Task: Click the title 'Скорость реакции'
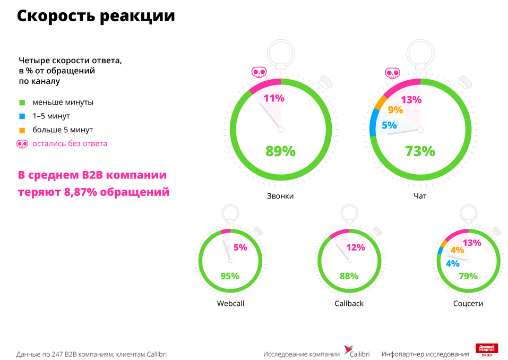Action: (96, 16)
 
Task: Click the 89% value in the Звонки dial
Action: (280, 151)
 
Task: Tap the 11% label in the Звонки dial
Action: (274, 98)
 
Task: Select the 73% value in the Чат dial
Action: (420, 151)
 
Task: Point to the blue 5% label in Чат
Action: (390, 126)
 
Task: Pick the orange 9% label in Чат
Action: (395, 110)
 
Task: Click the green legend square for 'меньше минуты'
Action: (22, 102)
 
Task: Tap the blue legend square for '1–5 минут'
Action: (22, 116)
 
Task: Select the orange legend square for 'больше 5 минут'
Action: (22, 130)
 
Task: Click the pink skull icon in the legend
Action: (22, 143)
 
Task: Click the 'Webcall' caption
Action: (231, 304)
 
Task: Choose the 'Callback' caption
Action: (349, 304)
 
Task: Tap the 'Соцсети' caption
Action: (468, 304)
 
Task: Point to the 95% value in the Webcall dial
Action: (230, 276)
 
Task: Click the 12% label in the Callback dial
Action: (356, 247)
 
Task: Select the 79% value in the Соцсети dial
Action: (468, 276)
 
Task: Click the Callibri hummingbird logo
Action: (348, 350)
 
